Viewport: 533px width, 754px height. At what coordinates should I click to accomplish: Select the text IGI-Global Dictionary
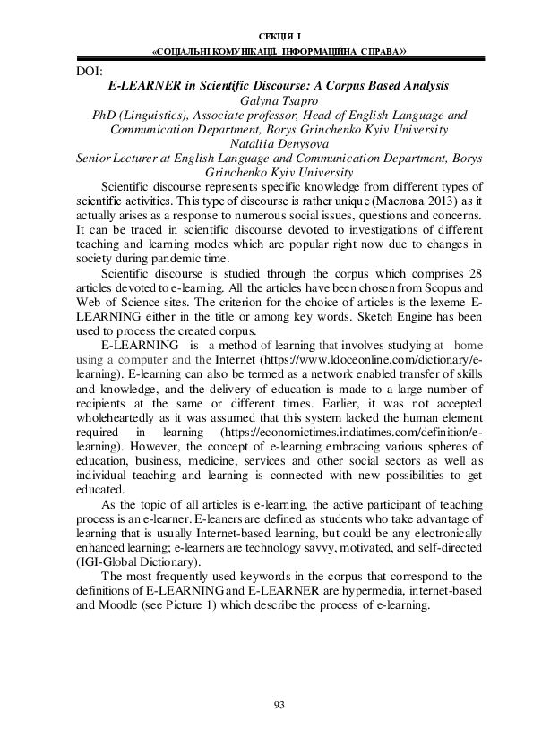click(139, 562)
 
